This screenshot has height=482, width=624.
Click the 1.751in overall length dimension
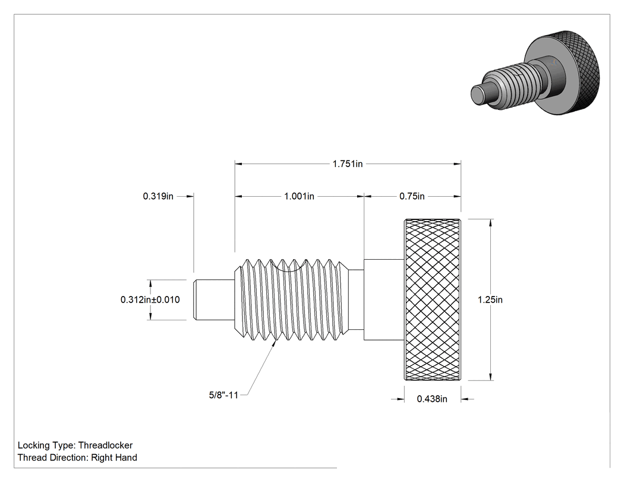point(348,164)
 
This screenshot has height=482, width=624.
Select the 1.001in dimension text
point(299,196)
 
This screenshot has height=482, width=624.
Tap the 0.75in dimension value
point(412,196)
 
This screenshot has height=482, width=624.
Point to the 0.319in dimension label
point(158,196)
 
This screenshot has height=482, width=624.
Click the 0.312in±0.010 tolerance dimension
point(150,300)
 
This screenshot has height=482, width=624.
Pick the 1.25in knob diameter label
point(490,300)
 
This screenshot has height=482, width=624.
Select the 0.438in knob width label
point(432,399)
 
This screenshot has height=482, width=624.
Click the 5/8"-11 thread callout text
point(223,395)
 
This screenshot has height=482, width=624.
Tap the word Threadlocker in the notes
point(105,445)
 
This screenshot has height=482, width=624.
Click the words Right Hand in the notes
point(114,458)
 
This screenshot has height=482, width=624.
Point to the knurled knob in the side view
point(433,300)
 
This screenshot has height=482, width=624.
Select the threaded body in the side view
point(292,300)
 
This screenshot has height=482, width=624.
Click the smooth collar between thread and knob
point(384,300)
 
